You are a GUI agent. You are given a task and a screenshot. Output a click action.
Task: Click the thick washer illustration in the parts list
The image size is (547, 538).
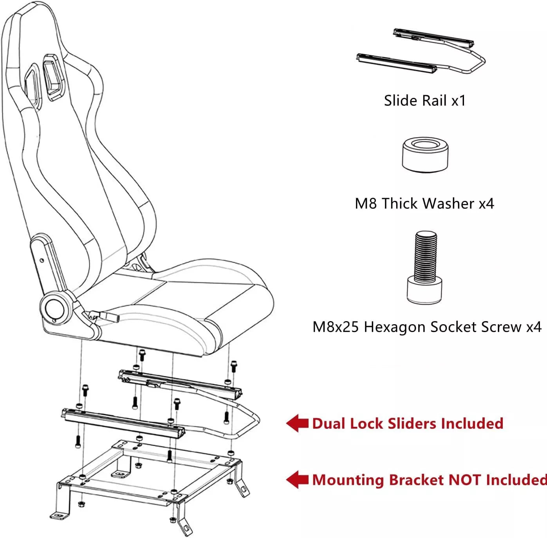click(425, 155)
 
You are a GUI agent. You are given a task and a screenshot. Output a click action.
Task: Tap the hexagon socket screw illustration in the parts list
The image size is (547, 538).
click(425, 267)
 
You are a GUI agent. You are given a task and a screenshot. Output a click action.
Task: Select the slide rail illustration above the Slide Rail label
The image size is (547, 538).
click(421, 51)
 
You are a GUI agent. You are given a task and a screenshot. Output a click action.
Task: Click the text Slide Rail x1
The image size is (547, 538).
click(425, 101)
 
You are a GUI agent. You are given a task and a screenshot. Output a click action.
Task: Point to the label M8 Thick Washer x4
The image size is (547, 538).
click(424, 204)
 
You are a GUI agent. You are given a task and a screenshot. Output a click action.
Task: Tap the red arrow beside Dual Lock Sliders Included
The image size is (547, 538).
click(297, 423)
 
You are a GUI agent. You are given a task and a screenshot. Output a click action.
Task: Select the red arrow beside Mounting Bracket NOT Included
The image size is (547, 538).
click(297, 480)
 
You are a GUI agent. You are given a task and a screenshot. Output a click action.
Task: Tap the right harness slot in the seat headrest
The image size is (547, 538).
click(53, 77)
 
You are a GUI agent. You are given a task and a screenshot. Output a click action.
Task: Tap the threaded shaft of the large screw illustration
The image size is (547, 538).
click(426, 256)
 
